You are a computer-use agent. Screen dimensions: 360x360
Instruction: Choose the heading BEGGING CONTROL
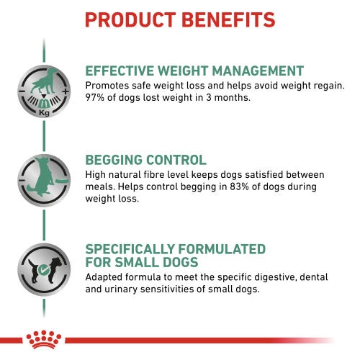pyautogui.click(x=145, y=160)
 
